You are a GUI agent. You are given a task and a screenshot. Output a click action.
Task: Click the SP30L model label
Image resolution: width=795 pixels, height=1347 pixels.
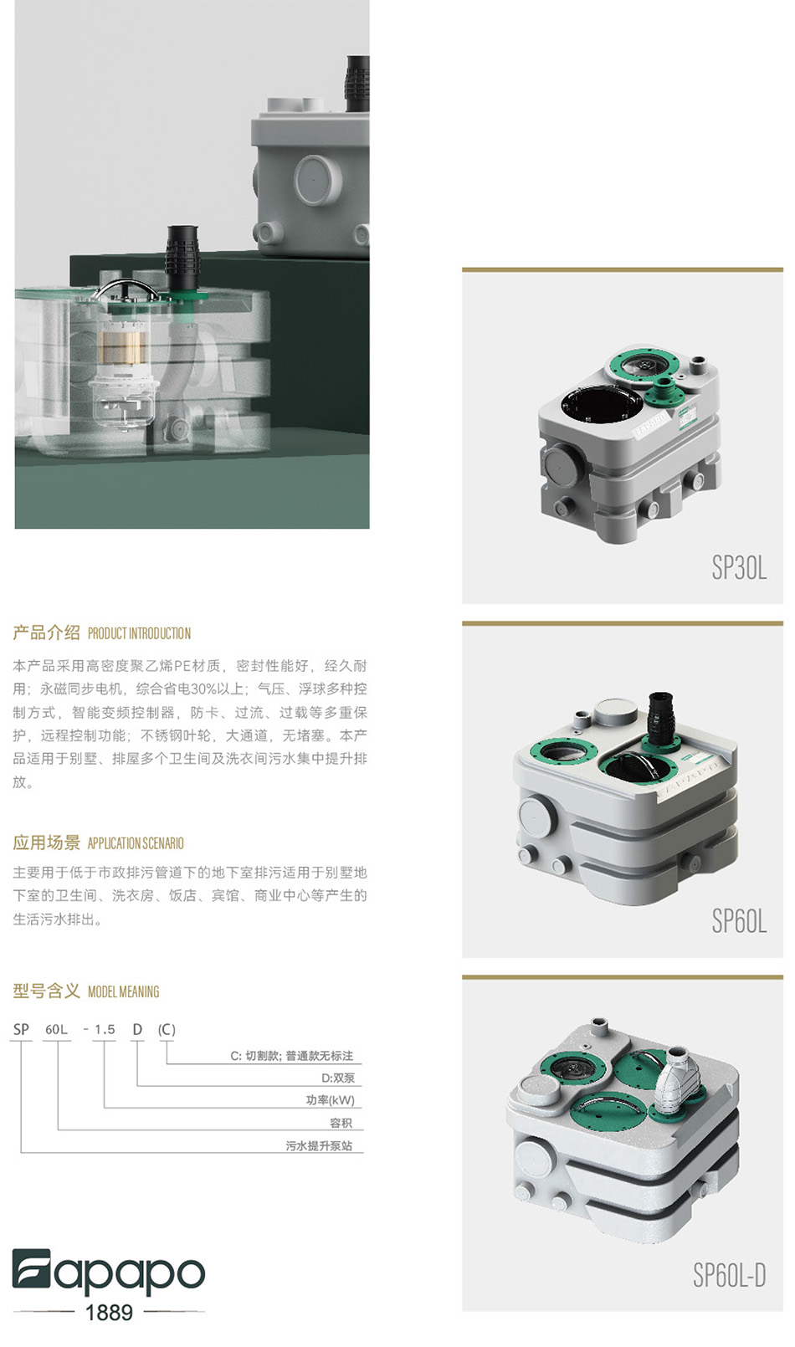click(739, 567)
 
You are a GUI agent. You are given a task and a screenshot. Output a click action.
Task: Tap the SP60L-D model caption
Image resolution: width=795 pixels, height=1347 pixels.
click(730, 1275)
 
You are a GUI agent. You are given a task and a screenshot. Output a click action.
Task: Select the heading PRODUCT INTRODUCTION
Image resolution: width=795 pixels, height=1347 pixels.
click(139, 633)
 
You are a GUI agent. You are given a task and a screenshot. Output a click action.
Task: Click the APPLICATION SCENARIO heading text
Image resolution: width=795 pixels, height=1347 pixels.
click(136, 843)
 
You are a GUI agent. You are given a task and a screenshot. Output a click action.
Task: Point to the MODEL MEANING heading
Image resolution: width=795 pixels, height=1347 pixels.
click(123, 991)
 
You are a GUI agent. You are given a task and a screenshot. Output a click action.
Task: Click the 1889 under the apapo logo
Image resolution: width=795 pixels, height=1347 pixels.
click(109, 1312)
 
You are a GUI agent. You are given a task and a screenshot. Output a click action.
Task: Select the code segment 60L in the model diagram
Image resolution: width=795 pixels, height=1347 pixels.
click(57, 1029)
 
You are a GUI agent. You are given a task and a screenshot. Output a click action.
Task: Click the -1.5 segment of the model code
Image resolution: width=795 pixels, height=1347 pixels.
click(100, 1029)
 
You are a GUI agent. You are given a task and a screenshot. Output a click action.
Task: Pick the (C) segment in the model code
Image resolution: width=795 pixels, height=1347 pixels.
click(167, 1029)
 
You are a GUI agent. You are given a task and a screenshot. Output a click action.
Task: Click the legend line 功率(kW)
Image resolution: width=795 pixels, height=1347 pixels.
click(331, 1100)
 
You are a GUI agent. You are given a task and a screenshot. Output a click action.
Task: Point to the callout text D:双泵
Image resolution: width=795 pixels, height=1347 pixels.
click(338, 1078)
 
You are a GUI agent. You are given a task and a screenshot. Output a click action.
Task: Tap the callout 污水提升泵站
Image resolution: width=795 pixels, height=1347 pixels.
click(319, 1145)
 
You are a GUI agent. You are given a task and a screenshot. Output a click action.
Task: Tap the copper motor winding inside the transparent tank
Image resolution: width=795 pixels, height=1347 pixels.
click(122, 349)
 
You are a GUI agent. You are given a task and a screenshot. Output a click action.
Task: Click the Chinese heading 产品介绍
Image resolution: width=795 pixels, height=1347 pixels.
click(46, 633)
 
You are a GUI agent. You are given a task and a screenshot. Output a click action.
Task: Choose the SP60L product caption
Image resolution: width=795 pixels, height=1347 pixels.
click(739, 921)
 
